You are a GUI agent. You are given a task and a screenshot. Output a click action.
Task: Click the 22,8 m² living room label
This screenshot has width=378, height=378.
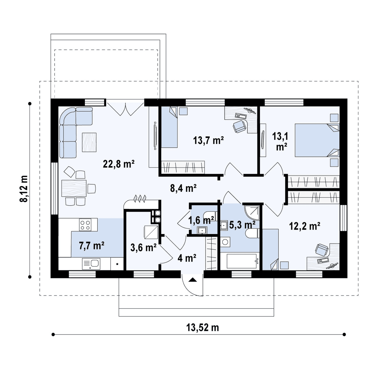pyautogui.click(x=119, y=164)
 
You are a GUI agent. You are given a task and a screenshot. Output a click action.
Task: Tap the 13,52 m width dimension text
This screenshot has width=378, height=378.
pyautogui.click(x=203, y=328)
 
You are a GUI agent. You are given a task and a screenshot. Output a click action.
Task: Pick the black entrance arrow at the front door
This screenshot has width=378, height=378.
pyautogui.click(x=192, y=280)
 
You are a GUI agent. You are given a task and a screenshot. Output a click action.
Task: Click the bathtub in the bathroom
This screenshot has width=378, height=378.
pyautogui.click(x=242, y=261)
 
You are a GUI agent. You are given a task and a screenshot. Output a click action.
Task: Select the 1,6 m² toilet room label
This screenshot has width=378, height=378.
pyautogui.click(x=201, y=220)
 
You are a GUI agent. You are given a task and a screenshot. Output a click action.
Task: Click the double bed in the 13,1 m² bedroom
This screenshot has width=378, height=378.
pyautogui.click(x=317, y=140)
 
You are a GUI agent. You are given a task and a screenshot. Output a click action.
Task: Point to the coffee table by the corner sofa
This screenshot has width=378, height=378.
pyautogui.click(x=89, y=142)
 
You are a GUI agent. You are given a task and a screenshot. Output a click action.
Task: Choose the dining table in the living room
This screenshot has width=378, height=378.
pyautogui.click(x=74, y=188)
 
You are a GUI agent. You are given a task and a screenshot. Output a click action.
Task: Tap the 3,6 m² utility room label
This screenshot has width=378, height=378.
pyautogui.click(x=143, y=247)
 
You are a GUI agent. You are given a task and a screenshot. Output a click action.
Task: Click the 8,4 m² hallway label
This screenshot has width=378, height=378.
pyautogui.click(x=183, y=188)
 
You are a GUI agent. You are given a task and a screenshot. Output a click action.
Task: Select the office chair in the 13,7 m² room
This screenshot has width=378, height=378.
pyautogui.click(x=240, y=126)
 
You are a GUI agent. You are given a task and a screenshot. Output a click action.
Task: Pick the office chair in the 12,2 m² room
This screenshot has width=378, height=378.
pyautogui.click(x=322, y=250)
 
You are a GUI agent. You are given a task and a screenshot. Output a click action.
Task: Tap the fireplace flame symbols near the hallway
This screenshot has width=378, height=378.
pyautogui.click(x=140, y=199)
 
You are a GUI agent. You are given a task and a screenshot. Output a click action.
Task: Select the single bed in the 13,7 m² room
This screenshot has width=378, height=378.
pyautogui.click(x=169, y=127)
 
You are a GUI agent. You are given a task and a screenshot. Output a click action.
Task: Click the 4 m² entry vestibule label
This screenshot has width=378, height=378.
pyautogui.click(x=187, y=258)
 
